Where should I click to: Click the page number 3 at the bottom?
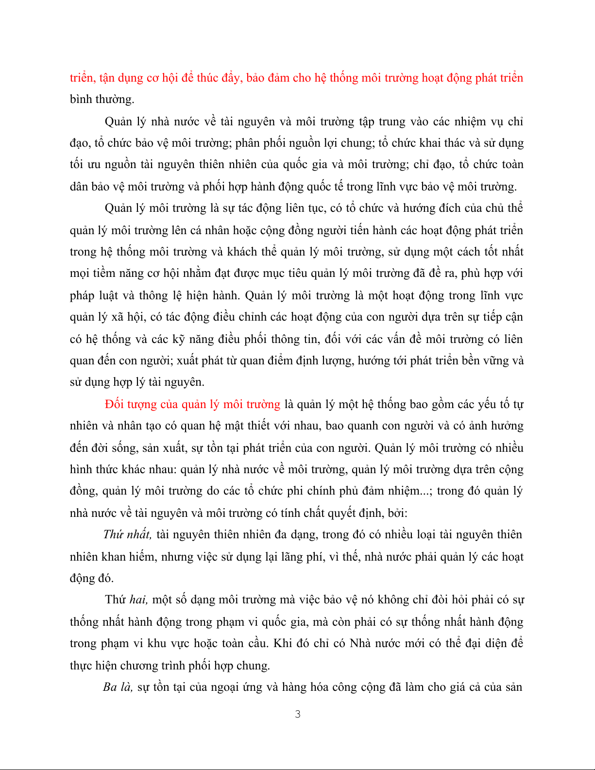(x=298, y=714)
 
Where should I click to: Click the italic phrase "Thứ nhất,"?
(x=127, y=535)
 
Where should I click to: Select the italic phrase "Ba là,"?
(x=118, y=687)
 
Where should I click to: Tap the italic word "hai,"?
(x=139, y=600)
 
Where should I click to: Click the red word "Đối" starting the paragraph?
(x=114, y=404)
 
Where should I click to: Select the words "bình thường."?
(x=102, y=100)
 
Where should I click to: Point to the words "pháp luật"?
(x=93, y=296)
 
